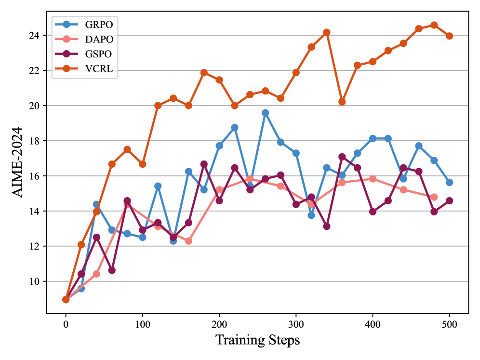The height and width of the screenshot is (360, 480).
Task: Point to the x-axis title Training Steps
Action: pyautogui.click(x=257, y=340)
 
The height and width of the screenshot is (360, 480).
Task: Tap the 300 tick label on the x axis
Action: pyautogui.click(x=296, y=323)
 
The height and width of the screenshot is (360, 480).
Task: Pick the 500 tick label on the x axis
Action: pyautogui.click(x=449, y=323)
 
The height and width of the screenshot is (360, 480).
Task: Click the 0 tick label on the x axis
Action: pyautogui.click(x=66, y=323)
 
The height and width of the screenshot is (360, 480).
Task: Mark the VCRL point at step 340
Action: pyautogui.click(x=327, y=32)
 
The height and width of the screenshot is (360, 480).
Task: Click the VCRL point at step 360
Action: pyautogui.click(x=342, y=102)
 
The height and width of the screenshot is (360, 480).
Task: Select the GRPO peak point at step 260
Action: pyautogui.click(x=265, y=113)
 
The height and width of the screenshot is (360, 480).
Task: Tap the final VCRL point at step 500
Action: pyautogui.click(x=449, y=36)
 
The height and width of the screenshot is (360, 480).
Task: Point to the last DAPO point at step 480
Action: pyautogui.click(x=434, y=197)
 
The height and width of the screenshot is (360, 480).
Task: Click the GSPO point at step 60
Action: pyautogui.click(x=112, y=270)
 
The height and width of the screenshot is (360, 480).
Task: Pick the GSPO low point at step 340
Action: pyautogui.click(x=327, y=226)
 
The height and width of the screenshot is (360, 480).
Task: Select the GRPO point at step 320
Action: pyautogui.click(x=311, y=215)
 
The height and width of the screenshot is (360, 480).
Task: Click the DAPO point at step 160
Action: pyautogui.click(x=188, y=240)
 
